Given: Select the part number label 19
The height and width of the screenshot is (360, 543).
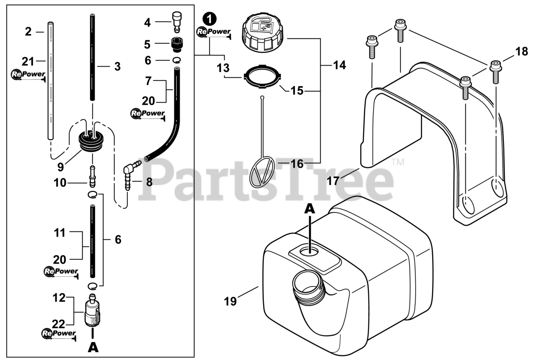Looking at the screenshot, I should (x=230, y=301).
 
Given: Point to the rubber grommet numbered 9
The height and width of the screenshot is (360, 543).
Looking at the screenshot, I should (x=92, y=140).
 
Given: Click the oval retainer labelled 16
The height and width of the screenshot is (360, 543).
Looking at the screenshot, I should (x=262, y=172).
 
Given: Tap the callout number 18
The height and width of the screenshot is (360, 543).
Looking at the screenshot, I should (x=521, y=52).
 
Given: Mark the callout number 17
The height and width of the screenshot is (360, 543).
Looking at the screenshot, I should (x=333, y=180).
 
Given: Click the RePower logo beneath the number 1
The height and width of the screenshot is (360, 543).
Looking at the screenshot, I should (x=214, y=32).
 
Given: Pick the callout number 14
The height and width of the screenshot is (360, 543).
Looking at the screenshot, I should (x=339, y=65).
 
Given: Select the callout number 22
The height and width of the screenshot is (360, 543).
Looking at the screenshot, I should (x=59, y=324).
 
